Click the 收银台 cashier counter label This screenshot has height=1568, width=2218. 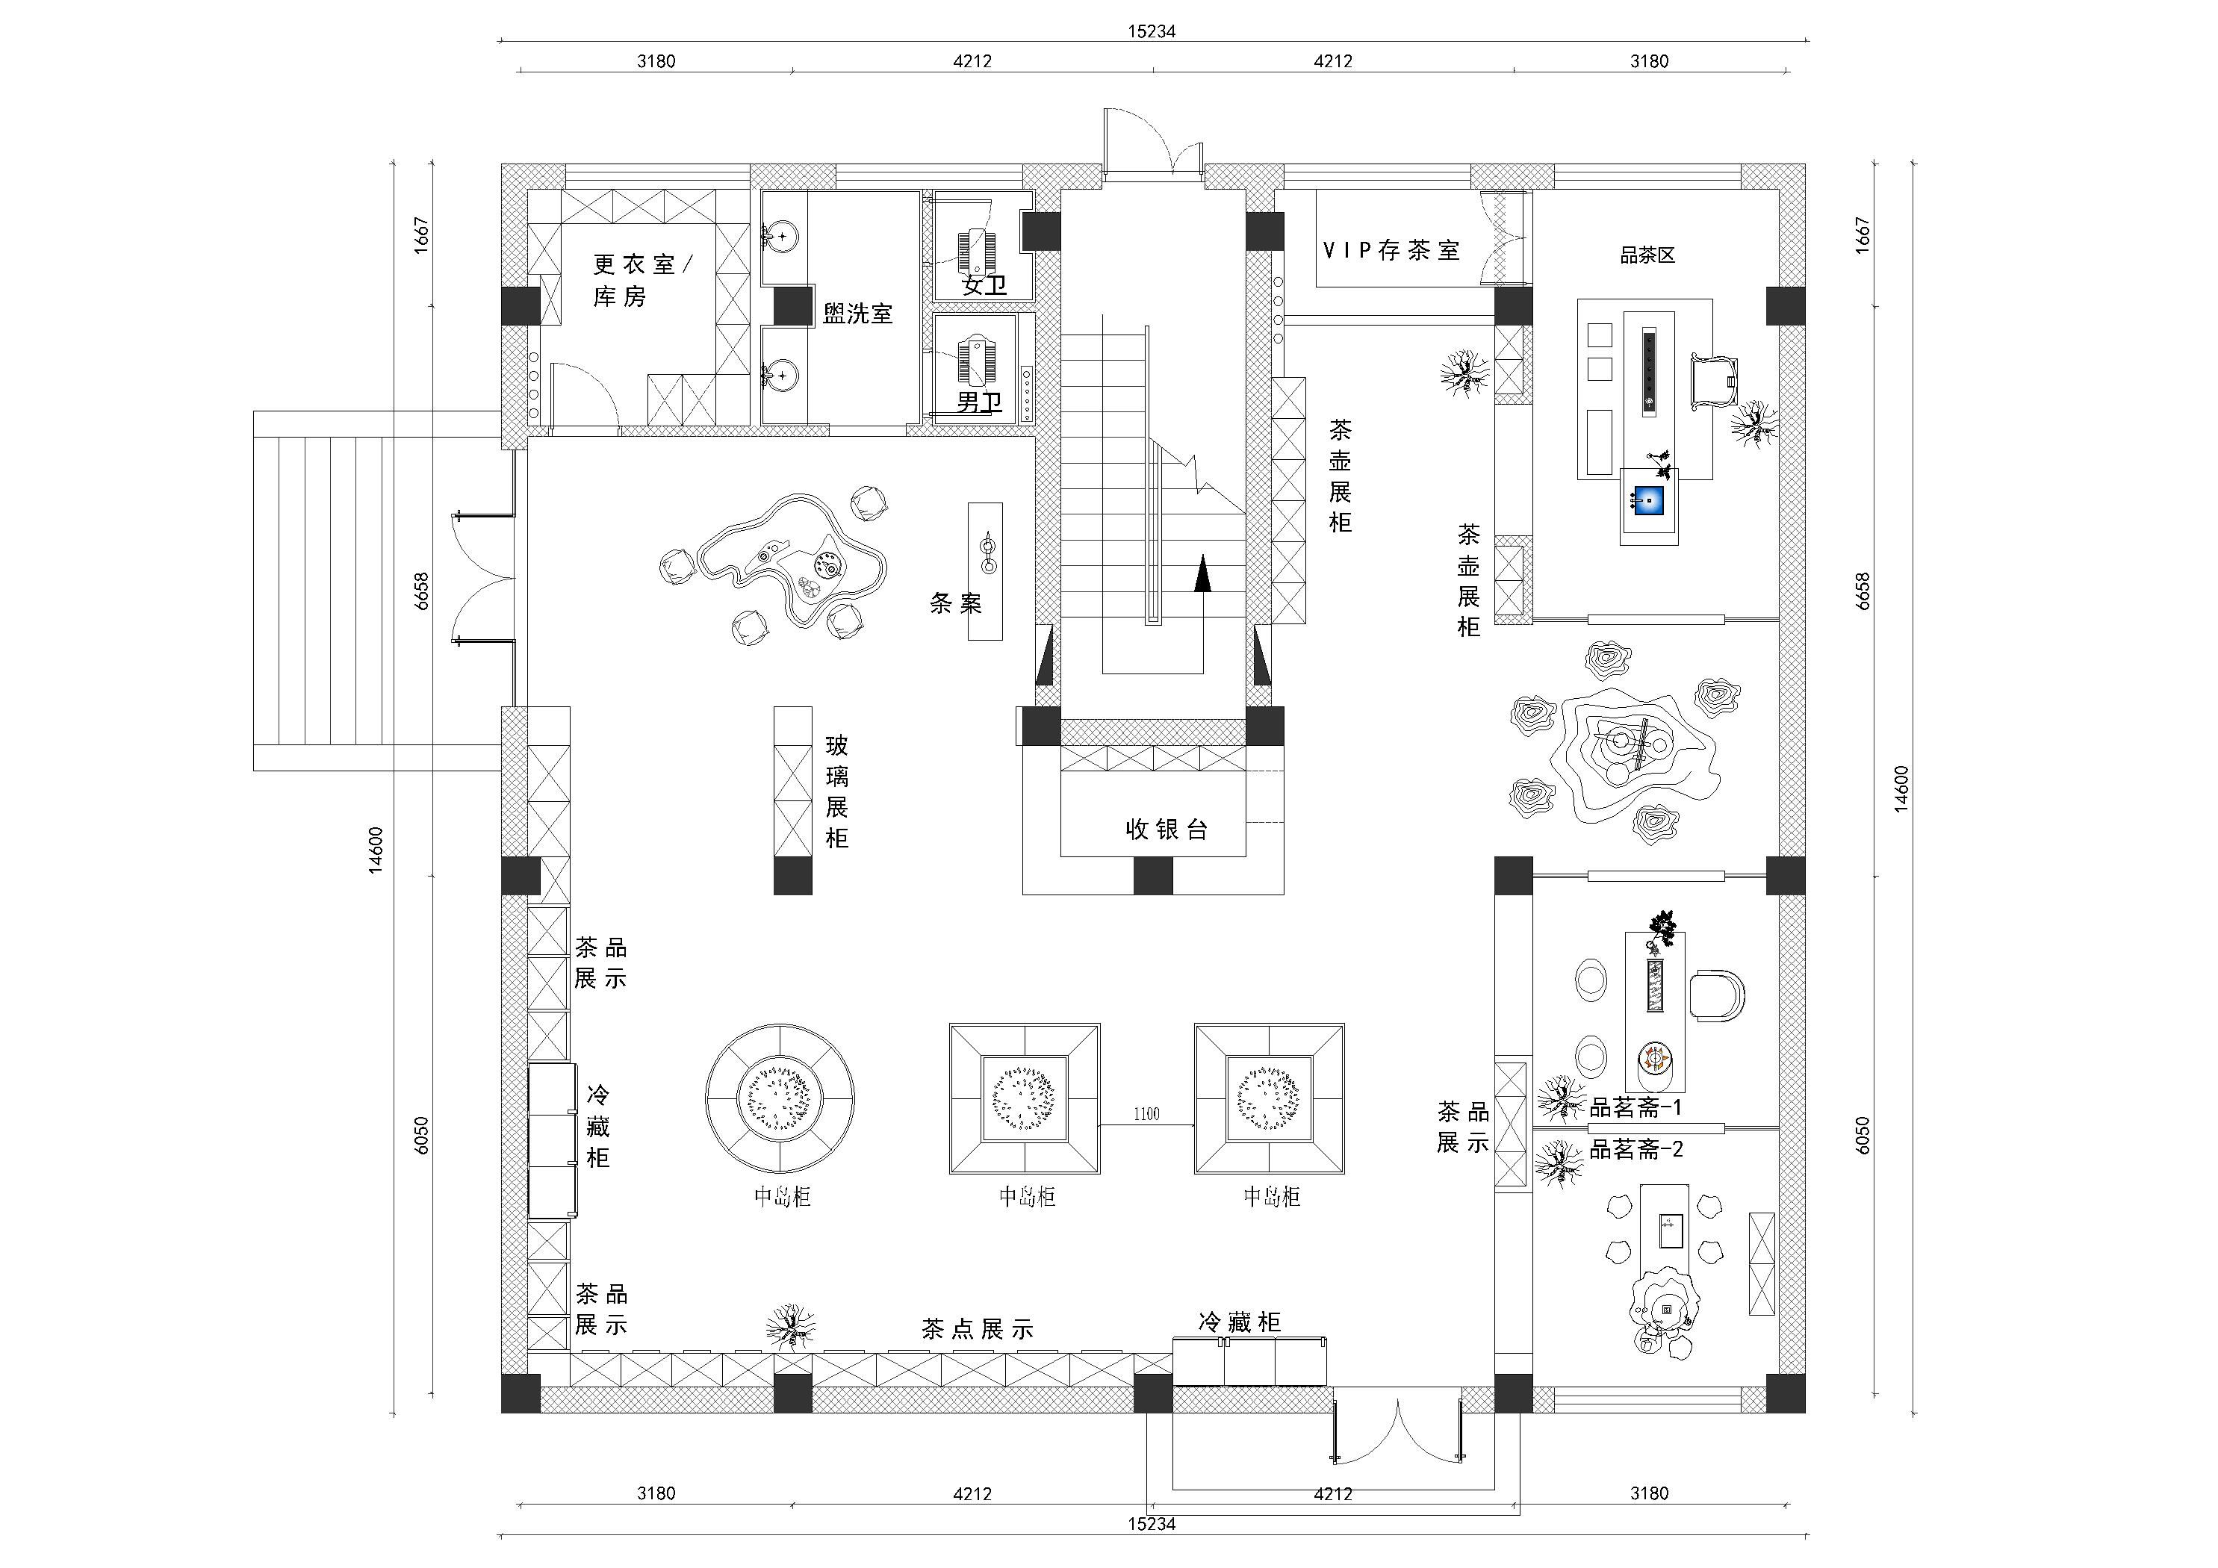click(x=1166, y=829)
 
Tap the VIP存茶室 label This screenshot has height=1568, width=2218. click(x=1391, y=250)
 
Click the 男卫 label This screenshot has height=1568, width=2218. click(x=978, y=402)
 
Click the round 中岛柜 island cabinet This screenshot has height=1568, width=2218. click(x=780, y=1098)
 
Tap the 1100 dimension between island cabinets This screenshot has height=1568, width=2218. click(x=1146, y=1114)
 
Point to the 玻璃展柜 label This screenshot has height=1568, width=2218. click(x=836, y=791)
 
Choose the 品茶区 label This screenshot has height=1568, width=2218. click(x=1647, y=255)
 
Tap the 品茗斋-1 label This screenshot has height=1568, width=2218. click(x=1636, y=1107)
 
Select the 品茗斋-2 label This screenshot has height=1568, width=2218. click(x=1636, y=1148)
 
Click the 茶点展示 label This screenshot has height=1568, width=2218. click(x=978, y=1329)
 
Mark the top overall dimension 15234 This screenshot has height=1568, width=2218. click(x=1152, y=31)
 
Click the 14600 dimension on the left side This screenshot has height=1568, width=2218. click(x=376, y=850)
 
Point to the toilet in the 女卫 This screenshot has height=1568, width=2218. click(x=977, y=249)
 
